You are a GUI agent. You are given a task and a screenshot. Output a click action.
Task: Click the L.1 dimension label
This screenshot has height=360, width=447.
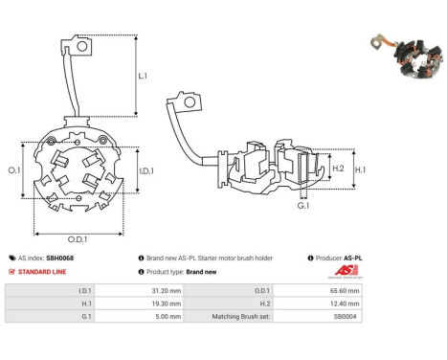[143, 76]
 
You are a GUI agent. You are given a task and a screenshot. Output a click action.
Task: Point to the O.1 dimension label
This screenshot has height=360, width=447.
[14, 170]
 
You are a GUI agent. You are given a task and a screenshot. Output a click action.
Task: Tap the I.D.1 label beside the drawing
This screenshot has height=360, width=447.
[146, 171]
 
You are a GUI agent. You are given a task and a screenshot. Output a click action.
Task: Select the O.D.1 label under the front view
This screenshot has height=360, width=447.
[78, 239]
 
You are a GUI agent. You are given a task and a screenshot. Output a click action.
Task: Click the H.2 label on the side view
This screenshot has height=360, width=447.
[338, 169]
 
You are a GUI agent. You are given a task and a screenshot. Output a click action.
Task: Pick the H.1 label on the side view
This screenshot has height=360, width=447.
[361, 170]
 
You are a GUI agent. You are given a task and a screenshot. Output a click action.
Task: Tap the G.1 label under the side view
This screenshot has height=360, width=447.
[303, 206]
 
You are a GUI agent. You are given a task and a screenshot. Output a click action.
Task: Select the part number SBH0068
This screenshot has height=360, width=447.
[60, 258]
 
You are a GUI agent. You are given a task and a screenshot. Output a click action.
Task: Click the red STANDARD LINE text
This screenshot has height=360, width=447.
[42, 272]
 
